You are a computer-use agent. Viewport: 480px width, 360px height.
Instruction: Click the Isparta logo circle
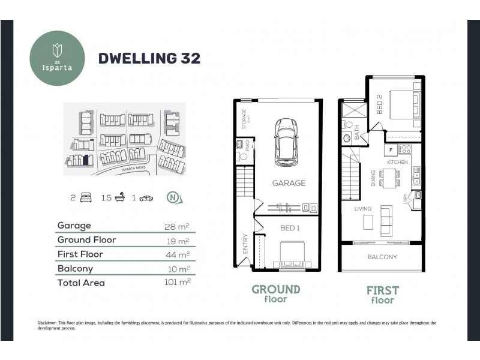[59, 58]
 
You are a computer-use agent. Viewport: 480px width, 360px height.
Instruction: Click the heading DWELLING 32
[149, 58]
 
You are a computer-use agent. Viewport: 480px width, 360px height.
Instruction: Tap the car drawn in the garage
[285, 141]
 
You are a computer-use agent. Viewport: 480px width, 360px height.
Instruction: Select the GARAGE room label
[288, 183]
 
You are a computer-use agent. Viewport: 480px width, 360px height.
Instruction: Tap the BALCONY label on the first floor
[382, 257]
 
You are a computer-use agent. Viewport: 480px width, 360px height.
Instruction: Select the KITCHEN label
[397, 163]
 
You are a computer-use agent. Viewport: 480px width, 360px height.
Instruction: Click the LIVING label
[362, 209]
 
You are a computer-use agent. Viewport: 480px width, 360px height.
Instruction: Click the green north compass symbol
[173, 197]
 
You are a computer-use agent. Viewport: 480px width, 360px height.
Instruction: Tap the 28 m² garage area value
[177, 226]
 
